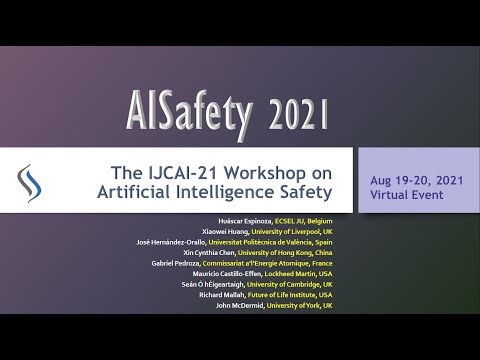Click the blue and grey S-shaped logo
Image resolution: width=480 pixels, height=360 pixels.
(30, 180)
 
